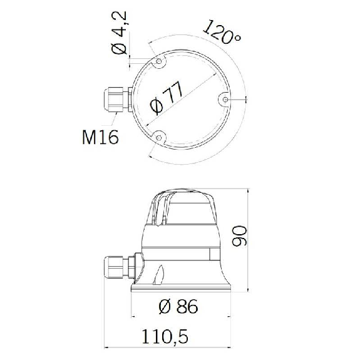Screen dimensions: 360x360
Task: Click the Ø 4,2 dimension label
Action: coord(119,33)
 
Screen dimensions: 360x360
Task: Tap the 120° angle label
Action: coord(222,33)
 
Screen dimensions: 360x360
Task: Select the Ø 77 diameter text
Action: coord(167,97)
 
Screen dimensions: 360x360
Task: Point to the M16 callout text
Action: coord(100,137)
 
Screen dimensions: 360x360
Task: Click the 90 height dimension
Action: coord(239,236)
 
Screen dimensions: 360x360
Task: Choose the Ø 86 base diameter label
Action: coord(178,306)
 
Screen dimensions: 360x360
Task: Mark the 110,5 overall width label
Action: coord(165,337)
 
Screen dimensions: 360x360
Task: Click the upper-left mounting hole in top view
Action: coord(158,61)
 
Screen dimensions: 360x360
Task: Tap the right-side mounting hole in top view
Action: coord(225,100)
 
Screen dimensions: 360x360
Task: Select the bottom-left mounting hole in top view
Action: coord(158,138)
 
